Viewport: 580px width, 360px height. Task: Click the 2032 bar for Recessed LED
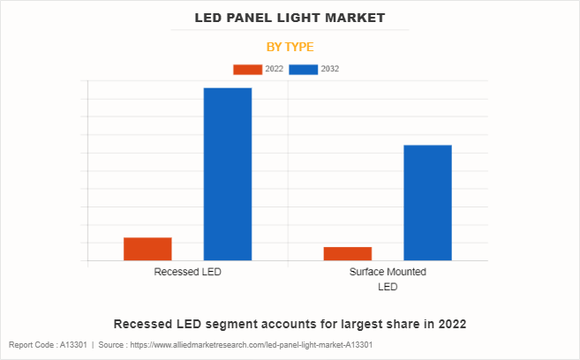tap(228, 174)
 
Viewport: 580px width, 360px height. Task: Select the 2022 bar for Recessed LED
tap(147, 249)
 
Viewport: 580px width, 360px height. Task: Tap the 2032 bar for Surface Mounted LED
tap(427, 202)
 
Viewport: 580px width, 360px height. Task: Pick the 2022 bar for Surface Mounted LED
tap(347, 253)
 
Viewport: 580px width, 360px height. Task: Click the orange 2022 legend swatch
tap(247, 69)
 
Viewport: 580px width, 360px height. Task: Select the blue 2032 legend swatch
tap(303, 69)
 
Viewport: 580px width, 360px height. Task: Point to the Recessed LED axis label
tap(187, 273)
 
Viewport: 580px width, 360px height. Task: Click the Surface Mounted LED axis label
tap(388, 279)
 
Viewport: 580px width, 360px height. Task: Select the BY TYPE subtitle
tap(290, 47)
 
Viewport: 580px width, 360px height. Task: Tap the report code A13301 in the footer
tap(73, 345)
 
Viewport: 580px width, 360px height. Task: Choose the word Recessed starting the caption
tap(144, 324)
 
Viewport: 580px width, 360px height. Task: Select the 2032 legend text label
tap(330, 69)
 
